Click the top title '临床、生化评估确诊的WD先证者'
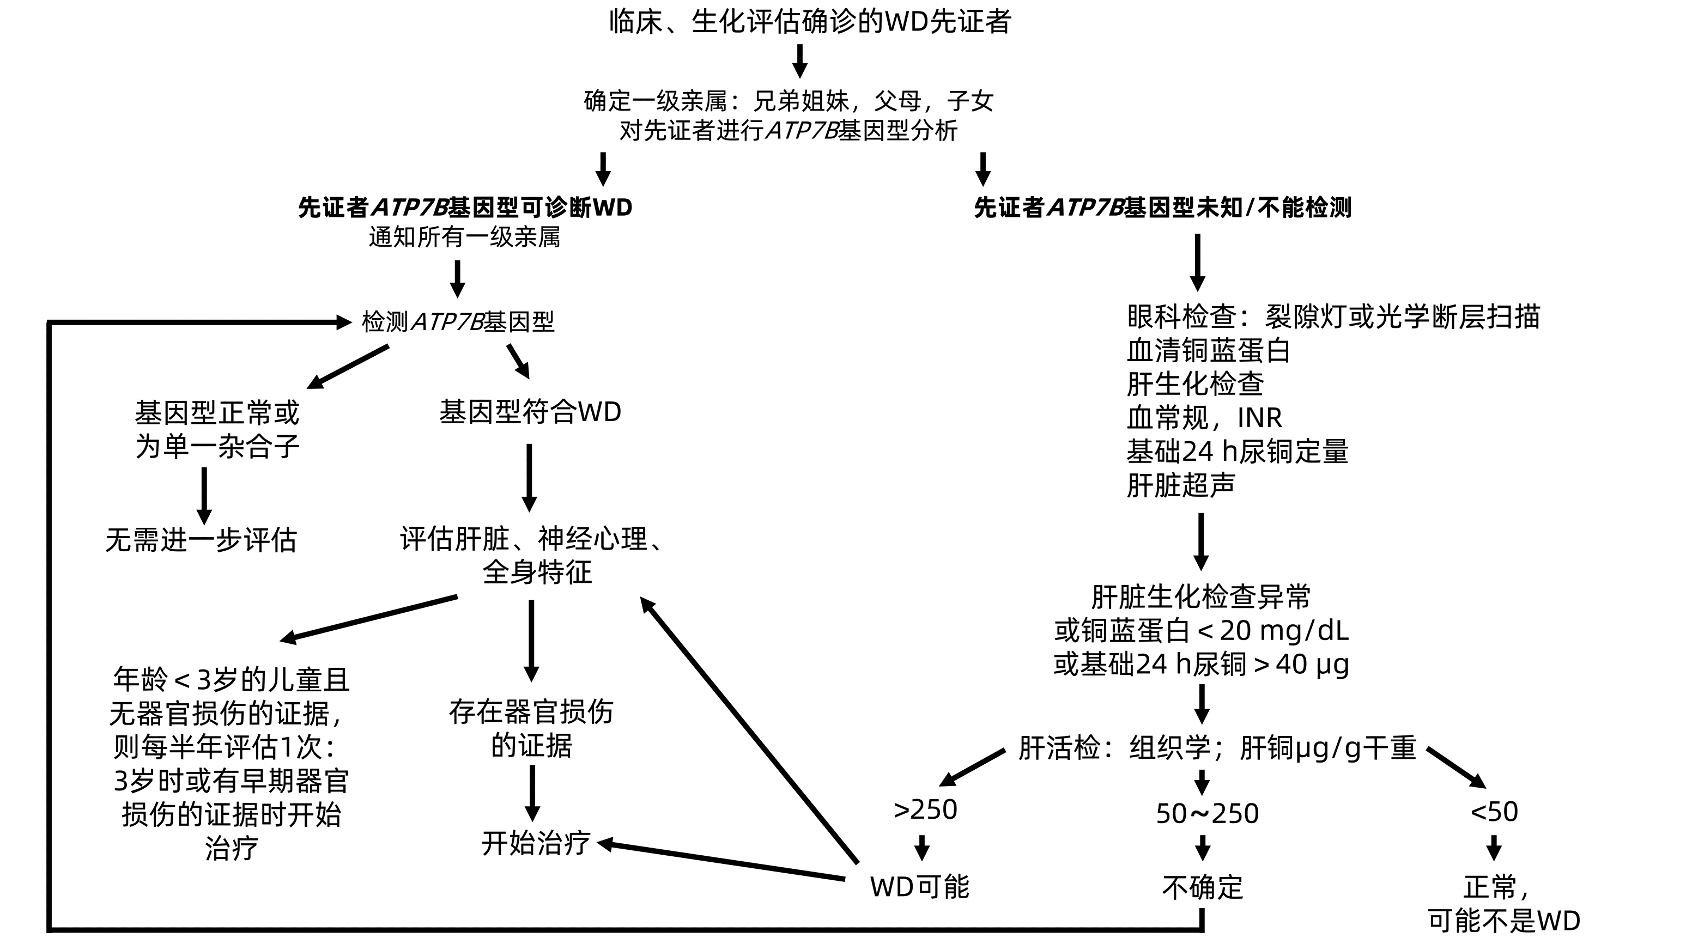pyautogui.click(x=810, y=22)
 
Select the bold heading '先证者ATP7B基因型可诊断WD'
pyautogui.click(x=465, y=208)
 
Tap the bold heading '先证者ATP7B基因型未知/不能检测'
pyautogui.click(x=1162, y=208)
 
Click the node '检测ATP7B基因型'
pyautogui.click(x=458, y=322)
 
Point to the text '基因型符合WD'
pyautogui.click(x=530, y=412)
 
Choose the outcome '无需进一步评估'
pyautogui.click(x=201, y=540)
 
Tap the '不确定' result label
pyautogui.click(x=1202, y=887)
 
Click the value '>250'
pyautogui.click(x=925, y=810)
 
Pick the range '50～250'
pyautogui.click(x=1207, y=814)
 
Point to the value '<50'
pyautogui.click(x=1494, y=812)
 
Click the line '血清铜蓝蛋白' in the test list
pyautogui.click(x=1208, y=351)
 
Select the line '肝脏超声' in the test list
pyautogui.click(x=1181, y=485)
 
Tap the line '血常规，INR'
pyautogui.click(x=1204, y=418)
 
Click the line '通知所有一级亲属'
pyautogui.click(x=464, y=237)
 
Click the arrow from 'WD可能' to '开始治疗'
pyautogui.click(x=720, y=861)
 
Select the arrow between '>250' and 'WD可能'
pyautogui.click(x=922, y=848)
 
